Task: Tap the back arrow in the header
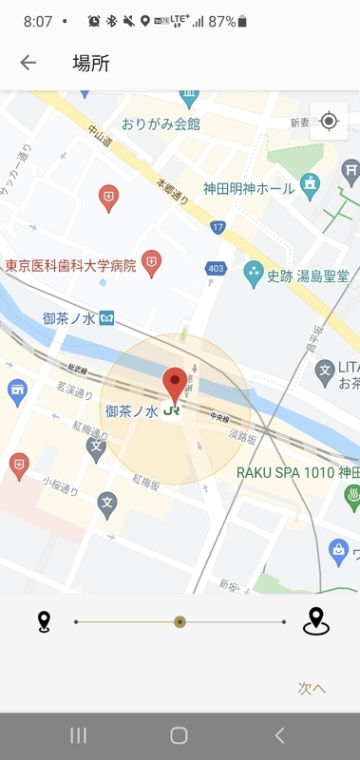pyautogui.click(x=28, y=63)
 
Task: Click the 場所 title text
pyautogui.click(x=91, y=64)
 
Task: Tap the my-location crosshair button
pyautogui.click(x=329, y=122)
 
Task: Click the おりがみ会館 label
pyautogui.click(x=161, y=123)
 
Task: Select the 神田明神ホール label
pyautogui.click(x=250, y=187)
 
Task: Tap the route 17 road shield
pyautogui.click(x=218, y=227)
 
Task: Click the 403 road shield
pyautogui.click(x=216, y=270)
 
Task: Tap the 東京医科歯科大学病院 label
pyautogui.click(x=71, y=265)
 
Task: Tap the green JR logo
pyautogui.click(x=172, y=412)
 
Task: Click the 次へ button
pyautogui.click(x=311, y=688)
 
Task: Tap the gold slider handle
pyautogui.click(x=180, y=622)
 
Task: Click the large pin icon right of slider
pyautogui.click(x=315, y=621)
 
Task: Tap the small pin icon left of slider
pyautogui.click(x=44, y=622)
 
